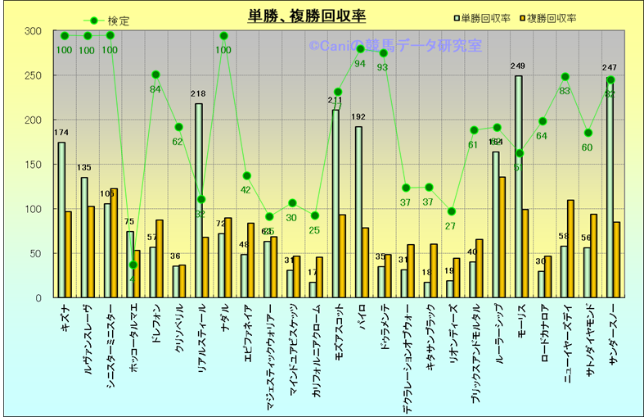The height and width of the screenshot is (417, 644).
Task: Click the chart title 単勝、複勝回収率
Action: (306, 16)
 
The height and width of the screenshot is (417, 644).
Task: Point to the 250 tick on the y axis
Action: (33, 75)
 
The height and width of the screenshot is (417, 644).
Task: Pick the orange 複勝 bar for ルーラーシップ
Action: (502, 237)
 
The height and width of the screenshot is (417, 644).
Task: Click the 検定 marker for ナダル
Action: (224, 36)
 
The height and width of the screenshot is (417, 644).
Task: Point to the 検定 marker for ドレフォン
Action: (155, 75)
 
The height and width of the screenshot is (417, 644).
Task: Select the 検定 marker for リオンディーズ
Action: (452, 211)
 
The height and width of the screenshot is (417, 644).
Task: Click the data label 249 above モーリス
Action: (517, 66)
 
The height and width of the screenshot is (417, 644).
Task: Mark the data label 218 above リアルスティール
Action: (198, 94)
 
